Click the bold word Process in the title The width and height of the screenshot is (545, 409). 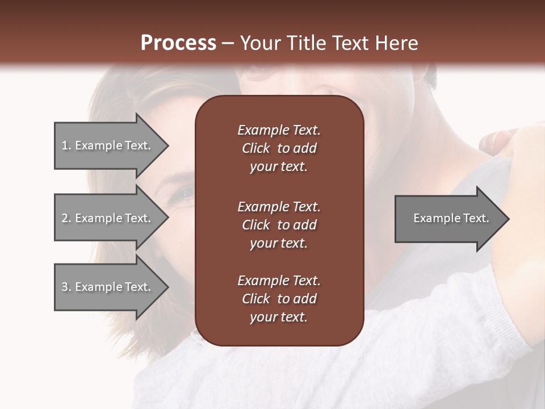(178, 43)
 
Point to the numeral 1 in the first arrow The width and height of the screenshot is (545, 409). (64, 145)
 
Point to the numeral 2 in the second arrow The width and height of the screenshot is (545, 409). (65, 218)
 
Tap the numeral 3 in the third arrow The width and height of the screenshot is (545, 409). (65, 287)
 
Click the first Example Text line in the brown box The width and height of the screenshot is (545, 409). (279, 130)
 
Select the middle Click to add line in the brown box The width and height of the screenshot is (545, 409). (279, 225)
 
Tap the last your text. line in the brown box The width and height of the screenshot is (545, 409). (279, 318)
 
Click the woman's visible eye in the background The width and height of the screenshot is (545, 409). (186, 195)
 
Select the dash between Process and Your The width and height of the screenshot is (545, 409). (228, 44)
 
